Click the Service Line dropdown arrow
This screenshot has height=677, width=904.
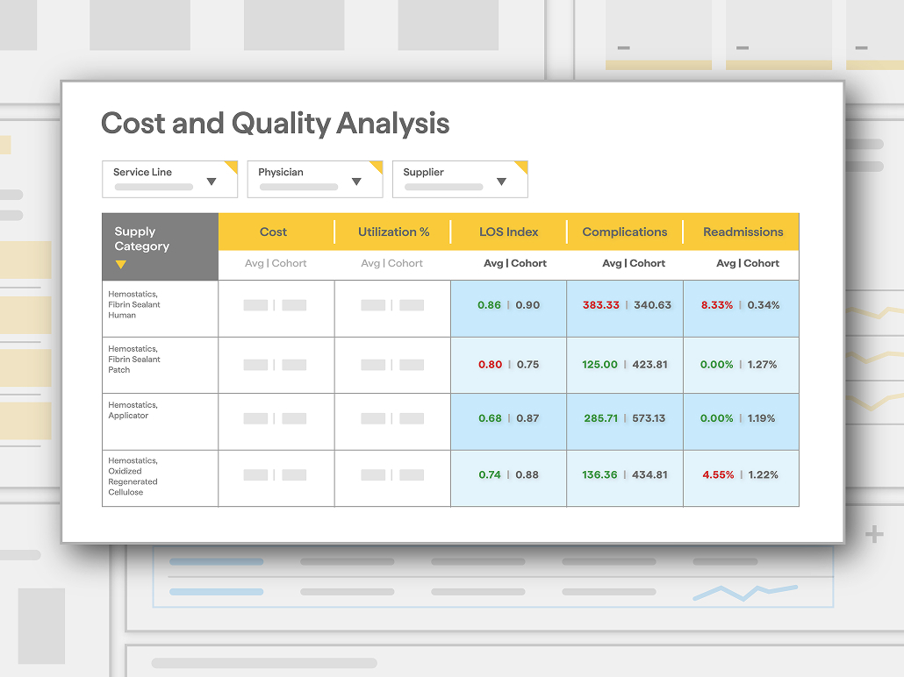click(212, 182)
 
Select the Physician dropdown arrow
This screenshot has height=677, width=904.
click(356, 182)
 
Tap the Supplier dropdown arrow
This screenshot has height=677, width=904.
click(501, 182)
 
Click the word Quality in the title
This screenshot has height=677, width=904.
click(281, 124)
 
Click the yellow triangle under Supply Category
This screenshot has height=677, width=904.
click(120, 265)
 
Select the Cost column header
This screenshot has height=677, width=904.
click(273, 232)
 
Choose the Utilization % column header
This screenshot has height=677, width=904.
click(394, 232)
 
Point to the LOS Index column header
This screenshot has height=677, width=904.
click(508, 232)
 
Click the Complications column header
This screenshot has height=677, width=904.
click(624, 232)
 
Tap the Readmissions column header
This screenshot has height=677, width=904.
click(743, 232)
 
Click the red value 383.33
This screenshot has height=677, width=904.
click(600, 305)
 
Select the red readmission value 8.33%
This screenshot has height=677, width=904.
click(717, 305)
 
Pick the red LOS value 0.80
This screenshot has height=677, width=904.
click(490, 364)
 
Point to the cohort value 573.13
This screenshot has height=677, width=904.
click(649, 418)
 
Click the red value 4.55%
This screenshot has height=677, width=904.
click(718, 474)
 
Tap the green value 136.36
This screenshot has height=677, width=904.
click(599, 474)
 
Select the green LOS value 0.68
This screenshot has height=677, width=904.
click(490, 418)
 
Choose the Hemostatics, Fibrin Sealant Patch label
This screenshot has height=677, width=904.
click(133, 359)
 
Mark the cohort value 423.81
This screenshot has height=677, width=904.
click(649, 364)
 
